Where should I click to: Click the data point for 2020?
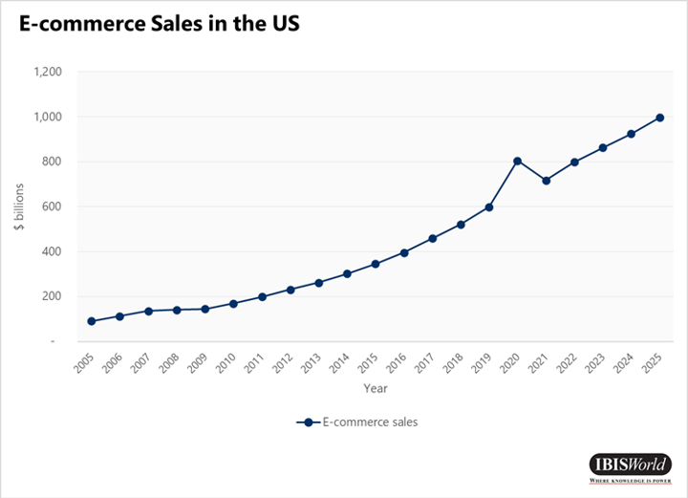(517, 161)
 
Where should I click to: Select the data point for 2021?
(546, 181)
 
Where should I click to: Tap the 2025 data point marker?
(660, 118)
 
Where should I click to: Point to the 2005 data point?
(91, 321)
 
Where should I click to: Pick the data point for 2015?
(376, 264)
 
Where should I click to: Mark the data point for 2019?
(489, 206)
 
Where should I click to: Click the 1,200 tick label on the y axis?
(47, 72)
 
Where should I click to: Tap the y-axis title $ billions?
(16, 206)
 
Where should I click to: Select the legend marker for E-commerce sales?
(309, 421)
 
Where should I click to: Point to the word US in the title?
(284, 25)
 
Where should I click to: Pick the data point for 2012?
(290, 289)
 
